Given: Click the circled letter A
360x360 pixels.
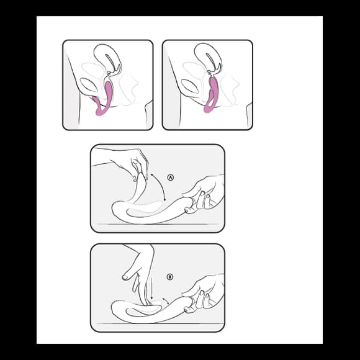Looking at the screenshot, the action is click(x=170, y=178).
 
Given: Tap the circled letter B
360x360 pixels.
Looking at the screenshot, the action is click(x=169, y=277).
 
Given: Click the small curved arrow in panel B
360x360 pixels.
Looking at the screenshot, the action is click(x=166, y=301).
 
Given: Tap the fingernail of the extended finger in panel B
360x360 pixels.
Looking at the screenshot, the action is click(x=125, y=277).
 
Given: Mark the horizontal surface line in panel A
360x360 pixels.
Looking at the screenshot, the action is click(x=158, y=224).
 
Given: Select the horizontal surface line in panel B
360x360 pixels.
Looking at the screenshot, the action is click(x=158, y=323).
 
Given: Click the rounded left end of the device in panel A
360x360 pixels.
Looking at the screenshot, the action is click(x=114, y=209).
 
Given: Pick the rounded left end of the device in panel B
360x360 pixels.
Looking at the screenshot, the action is click(x=114, y=308).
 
